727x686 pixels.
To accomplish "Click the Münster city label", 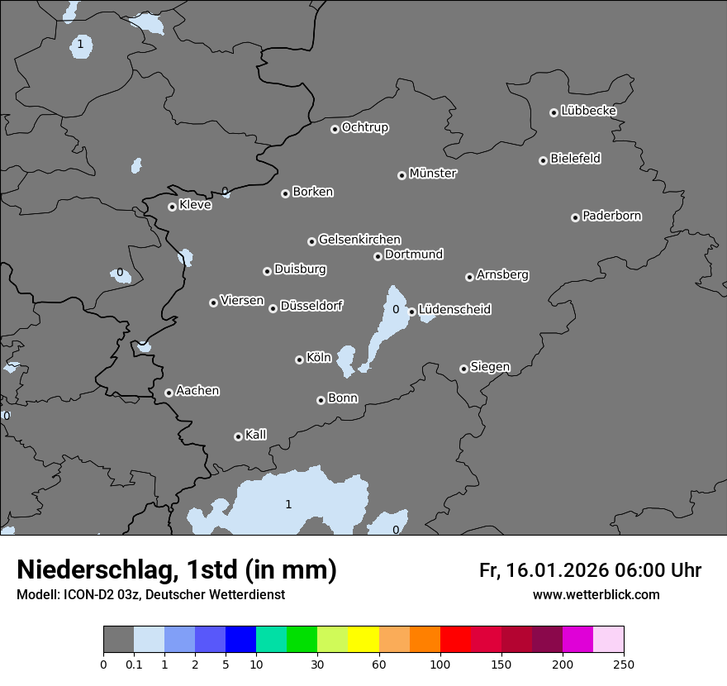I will (433, 174).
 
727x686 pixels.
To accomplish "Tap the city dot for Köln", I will (299, 360).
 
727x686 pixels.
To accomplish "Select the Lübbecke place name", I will (588, 111).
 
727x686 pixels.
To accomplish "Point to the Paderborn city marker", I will (575, 217).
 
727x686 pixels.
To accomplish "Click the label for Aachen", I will (197, 390).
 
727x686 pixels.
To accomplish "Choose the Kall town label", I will (256, 435).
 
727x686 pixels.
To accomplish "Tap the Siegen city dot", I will (463, 369).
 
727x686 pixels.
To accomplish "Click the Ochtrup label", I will (365, 127).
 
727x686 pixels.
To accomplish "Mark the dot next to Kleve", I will (172, 207).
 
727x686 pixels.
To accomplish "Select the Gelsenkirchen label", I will (359, 240).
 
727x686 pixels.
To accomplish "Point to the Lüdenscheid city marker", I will (411, 312).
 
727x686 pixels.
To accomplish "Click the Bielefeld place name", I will (575, 159).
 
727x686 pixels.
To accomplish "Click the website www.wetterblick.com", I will (596, 594).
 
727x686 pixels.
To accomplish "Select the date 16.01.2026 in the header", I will (557, 570).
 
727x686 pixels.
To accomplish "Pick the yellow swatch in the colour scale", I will (363, 640).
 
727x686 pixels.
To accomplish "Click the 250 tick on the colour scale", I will (624, 664).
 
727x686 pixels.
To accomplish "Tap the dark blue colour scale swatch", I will (240, 640).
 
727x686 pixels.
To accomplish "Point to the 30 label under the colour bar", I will (317, 664).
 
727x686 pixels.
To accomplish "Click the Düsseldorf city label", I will (311, 306).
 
